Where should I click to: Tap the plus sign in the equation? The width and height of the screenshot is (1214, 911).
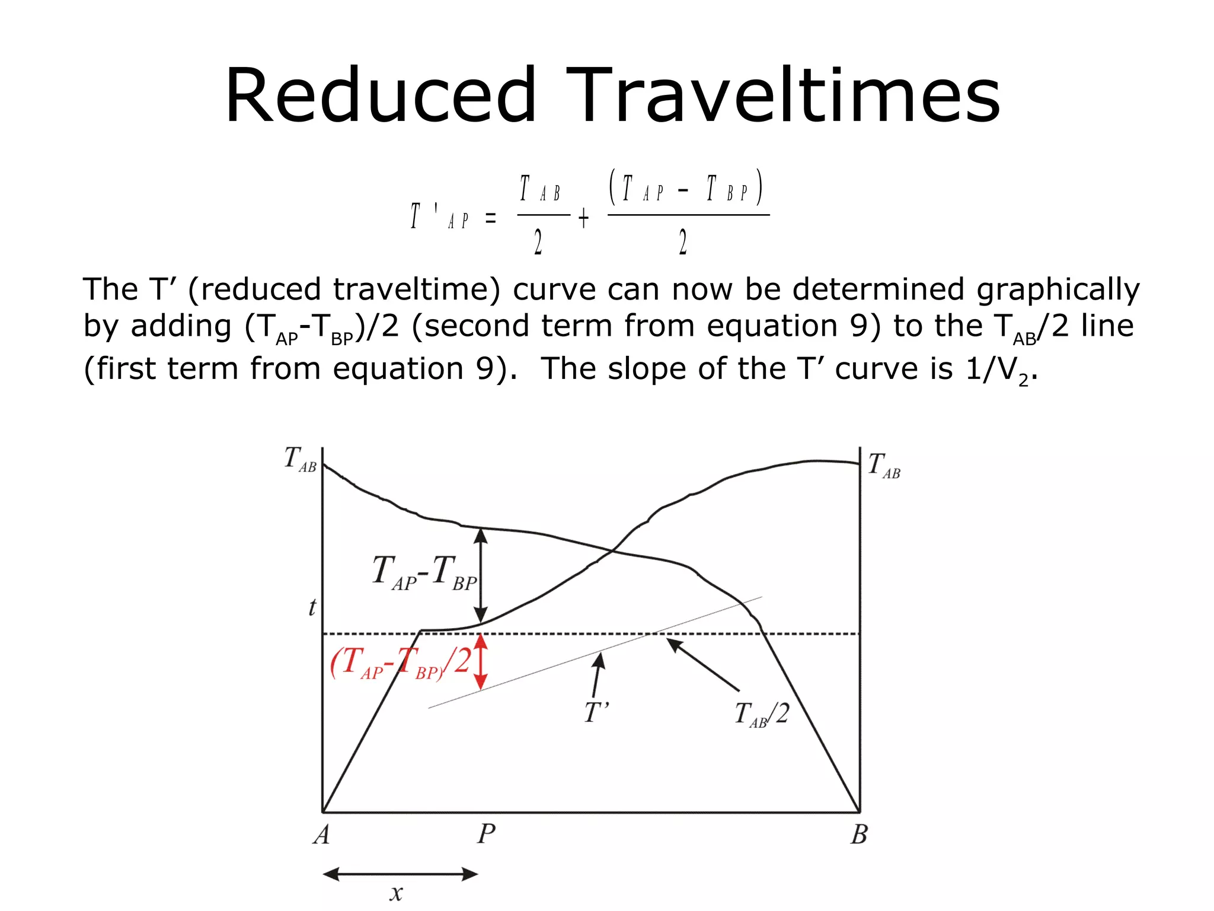coord(584,218)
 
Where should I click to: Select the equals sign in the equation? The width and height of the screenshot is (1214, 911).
coord(491,218)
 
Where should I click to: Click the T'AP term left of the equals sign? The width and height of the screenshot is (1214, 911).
coord(439,216)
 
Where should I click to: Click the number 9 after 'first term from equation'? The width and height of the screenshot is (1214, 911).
coord(485,368)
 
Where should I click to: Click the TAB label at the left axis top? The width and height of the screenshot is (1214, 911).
coord(300,459)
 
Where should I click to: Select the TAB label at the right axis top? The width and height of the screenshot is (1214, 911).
coord(884,466)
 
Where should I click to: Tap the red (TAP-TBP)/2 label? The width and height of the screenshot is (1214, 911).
coord(401,662)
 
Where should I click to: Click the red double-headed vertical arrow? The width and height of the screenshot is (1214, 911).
coord(481,662)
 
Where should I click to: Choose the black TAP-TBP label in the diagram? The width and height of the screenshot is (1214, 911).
coord(424,572)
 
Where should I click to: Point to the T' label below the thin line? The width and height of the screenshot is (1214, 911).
coord(596,712)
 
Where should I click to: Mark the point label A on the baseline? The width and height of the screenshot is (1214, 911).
coord(321,834)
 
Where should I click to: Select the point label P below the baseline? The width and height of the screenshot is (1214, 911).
coord(486,834)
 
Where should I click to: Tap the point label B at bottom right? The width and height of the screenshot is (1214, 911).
coord(859,834)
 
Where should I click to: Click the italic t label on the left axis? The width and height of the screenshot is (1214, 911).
coord(312,607)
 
